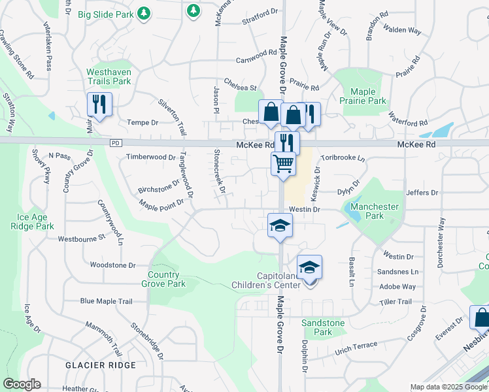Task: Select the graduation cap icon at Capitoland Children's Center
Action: tap(309, 267)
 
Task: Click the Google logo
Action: tap(22, 384)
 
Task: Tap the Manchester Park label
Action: tap(375, 211)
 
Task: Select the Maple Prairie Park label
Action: tap(367, 96)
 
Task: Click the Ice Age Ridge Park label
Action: tap(32, 221)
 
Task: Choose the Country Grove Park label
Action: tap(163, 279)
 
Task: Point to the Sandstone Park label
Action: tap(323, 327)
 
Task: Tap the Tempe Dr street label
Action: tap(143, 122)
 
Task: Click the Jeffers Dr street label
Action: tap(421, 193)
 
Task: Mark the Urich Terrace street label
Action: tap(356, 344)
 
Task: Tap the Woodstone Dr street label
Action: tap(112, 265)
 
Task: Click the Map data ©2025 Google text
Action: tap(448, 387)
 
